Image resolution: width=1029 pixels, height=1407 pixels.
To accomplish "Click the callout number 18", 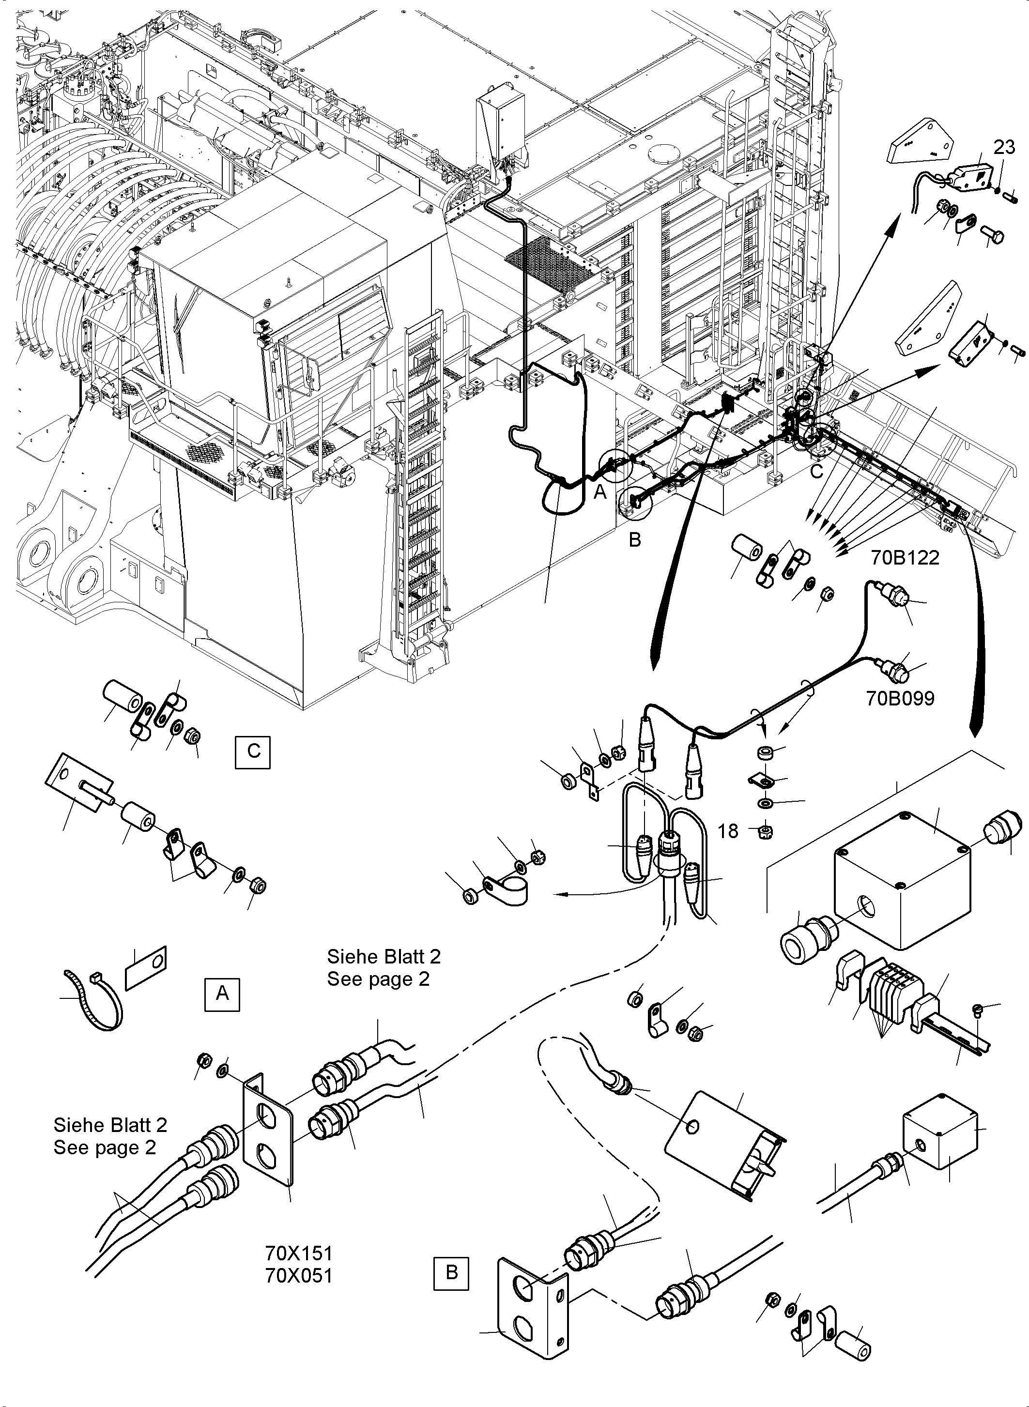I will [x=727, y=831].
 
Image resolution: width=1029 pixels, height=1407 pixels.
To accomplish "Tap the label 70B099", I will [x=900, y=698].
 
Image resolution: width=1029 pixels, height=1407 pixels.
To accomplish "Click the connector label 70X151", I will [x=299, y=1253].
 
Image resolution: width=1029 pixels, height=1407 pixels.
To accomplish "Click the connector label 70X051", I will [x=299, y=1276].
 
